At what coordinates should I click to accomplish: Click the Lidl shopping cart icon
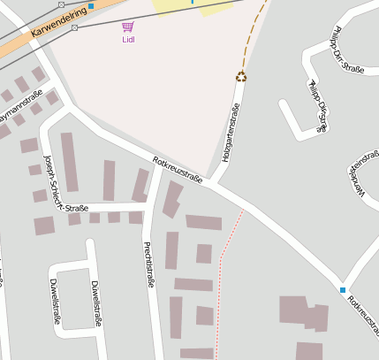(128, 27)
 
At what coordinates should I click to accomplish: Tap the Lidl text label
(128, 40)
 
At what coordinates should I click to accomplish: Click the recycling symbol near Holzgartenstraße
(241, 76)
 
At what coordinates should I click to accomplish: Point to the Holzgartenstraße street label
(229, 133)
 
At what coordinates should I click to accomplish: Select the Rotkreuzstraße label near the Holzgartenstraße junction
(177, 171)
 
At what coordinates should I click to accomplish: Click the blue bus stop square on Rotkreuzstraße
(343, 289)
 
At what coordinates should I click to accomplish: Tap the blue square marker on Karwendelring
(90, 6)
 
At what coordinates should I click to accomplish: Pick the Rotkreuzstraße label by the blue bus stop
(362, 310)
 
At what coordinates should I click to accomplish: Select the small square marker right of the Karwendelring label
(74, 27)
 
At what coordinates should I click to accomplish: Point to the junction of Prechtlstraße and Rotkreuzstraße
(156, 163)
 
